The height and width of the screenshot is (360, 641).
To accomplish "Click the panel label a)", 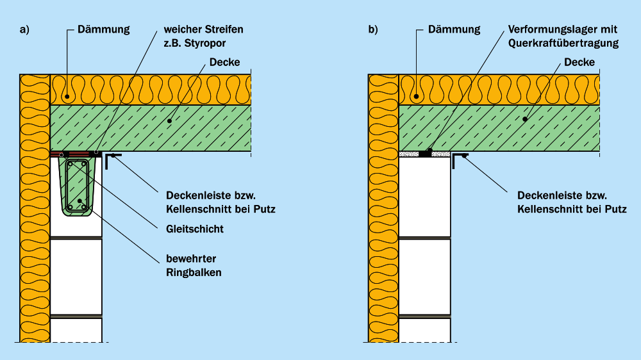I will point(25,29).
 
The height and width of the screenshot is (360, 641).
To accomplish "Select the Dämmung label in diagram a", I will point(103,29).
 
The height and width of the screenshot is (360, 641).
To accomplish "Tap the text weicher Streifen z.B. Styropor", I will point(203,36).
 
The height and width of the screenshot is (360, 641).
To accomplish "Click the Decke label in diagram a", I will point(224,63).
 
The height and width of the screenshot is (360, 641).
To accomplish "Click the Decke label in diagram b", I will point(579,63).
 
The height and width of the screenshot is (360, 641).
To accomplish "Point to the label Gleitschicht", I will point(194,229).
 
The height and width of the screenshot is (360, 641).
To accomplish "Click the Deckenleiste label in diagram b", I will point(571,202).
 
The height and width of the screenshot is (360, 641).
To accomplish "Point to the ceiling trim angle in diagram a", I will point(110,159).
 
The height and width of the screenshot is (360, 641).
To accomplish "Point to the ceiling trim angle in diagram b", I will point(458,159).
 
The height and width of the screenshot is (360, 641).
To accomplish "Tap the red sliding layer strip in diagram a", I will point(74,154).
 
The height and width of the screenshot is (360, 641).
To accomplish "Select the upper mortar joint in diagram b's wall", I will point(424,238).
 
